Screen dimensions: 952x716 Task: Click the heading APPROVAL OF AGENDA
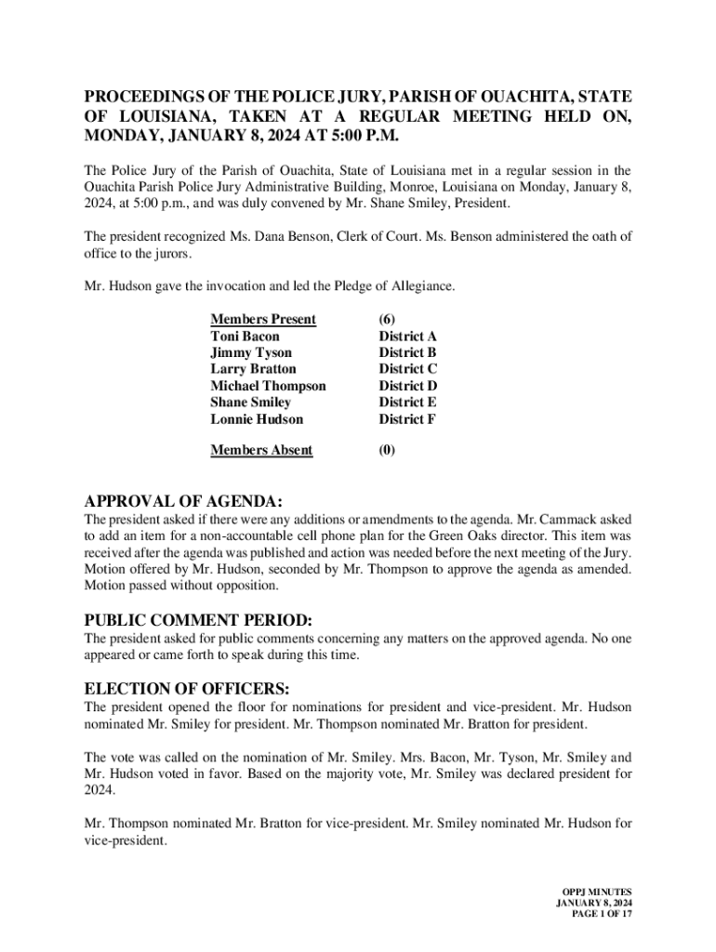click(x=183, y=501)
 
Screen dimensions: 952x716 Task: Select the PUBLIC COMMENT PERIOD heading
click(x=198, y=620)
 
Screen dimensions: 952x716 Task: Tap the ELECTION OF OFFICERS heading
click(x=187, y=689)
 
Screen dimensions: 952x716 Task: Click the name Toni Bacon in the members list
click(x=245, y=337)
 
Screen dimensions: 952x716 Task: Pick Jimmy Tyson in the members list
click(x=251, y=353)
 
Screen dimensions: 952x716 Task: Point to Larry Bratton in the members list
click(x=253, y=369)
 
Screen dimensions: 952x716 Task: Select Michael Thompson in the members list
click(x=268, y=386)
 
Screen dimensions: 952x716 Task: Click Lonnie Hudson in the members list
click(x=257, y=419)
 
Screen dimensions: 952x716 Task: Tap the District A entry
click(x=407, y=337)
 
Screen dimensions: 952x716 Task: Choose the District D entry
click(x=407, y=386)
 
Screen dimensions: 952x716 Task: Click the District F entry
click(x=407, y=419)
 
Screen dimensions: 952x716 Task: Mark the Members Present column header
click(x=263, y=320)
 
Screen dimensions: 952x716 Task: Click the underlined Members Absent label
click(x=261, y=451)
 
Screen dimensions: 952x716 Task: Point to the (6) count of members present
click(x=387, y=320)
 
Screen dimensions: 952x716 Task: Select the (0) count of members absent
click(x=387, y=451)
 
